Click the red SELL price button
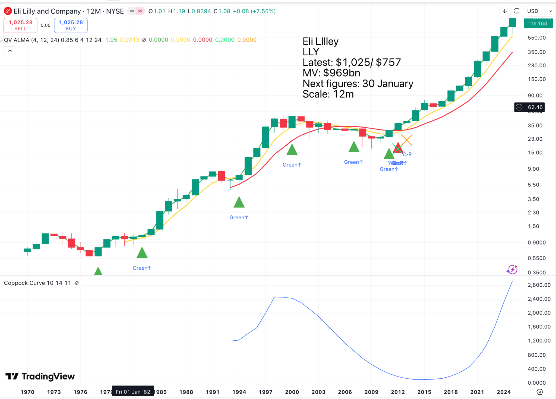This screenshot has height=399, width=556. (x=20, y=25)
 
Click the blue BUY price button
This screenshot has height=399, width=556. (x=71, y=25)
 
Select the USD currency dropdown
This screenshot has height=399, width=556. (x=539, y=11)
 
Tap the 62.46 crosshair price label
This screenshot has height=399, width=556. (x=535, y=107)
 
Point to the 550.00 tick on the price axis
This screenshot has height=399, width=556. (x=536, y=38)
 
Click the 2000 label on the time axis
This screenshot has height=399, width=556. (x=292, y=392)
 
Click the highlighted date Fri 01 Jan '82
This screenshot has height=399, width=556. (x=133, y=392)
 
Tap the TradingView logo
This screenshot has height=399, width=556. (x=40, y=376)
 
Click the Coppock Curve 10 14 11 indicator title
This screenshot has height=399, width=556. (x=37, y=283)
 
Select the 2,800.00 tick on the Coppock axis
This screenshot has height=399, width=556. (x=539, y=285)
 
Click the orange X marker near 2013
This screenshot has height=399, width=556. (x=406, y=140)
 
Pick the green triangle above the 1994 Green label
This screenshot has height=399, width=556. (x=239, y=202)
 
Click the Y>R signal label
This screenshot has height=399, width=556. (x=407, y=154)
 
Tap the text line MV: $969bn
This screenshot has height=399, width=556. (x=331, y=73)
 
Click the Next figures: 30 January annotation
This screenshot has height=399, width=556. (x=358, y=84)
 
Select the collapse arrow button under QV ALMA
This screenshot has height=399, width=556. (x=10, y=51)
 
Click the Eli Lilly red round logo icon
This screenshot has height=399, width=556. (x=8, y=11)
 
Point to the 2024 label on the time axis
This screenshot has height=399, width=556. (x=504, y=392)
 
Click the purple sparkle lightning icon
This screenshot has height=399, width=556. (x=512, y=270)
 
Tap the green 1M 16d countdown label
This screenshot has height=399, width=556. (x=538, y=24)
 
